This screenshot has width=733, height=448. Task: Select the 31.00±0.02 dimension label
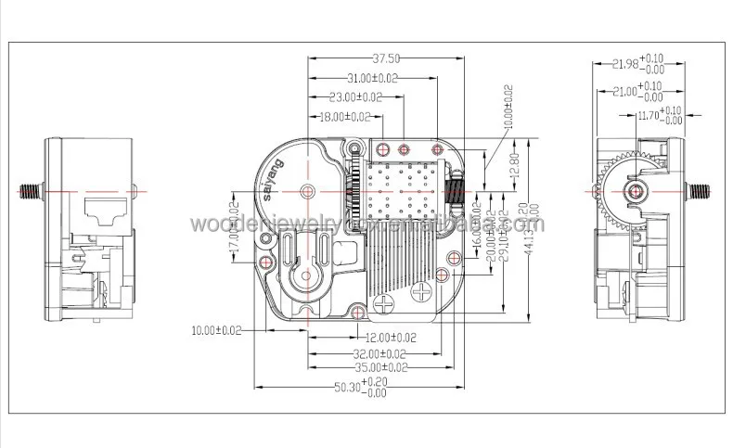(369, 78)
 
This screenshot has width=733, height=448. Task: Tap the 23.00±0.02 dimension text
(356, 96)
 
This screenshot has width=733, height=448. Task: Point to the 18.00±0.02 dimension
(344, 117)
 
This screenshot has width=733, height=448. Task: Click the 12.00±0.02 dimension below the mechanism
(390, 337)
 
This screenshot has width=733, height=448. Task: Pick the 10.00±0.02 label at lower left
(216, 330)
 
